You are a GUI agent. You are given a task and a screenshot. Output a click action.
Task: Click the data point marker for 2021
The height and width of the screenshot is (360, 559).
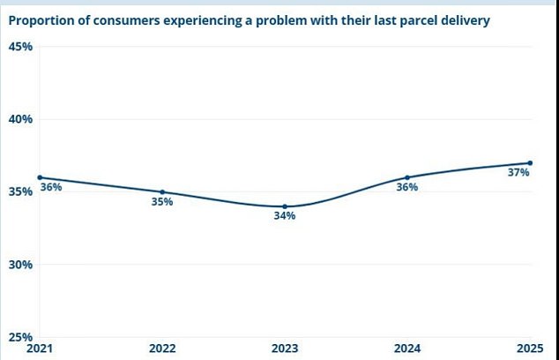pyautogui.click(x=40, y=177)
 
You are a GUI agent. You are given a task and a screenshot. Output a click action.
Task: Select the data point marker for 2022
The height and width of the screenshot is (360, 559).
pyautogui.click(x=162, y=191)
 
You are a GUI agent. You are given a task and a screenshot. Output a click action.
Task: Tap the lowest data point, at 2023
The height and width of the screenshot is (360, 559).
pyautogui.click(x=285, y=206)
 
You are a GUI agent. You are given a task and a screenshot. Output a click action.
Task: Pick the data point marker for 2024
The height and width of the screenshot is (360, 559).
pyautogui.click(x=407, y=177)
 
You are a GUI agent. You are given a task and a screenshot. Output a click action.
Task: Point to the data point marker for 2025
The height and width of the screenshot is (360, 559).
pyautogui.click(x=530, y=162)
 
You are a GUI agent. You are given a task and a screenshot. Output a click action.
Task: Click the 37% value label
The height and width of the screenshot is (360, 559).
pyautogui.click(x=518, y=173)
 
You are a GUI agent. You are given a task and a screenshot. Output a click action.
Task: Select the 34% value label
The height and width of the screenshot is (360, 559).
pyautogui.click(x=284, y=216)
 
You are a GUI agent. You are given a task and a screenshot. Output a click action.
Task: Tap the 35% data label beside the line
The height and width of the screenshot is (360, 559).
pyautogui.click(x=162, y=202)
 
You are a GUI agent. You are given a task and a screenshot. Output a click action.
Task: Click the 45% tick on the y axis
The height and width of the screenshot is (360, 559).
pyautogui.click(x=21, y=47)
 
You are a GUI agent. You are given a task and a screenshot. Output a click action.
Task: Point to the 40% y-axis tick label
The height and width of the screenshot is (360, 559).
pyautogui.click(x=21, y=119)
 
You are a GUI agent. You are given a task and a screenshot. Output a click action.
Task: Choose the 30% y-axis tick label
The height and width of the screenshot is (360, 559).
pyautogui.click(x=21, y=265)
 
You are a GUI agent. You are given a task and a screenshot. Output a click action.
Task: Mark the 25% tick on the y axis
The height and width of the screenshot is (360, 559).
pyautogui.click(x=21, y=336)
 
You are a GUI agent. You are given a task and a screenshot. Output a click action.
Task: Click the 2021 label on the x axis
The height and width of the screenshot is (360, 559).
pyautogui.click(x=40, y=348)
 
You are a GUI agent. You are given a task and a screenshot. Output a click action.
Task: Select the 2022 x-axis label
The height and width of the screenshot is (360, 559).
pyautogui.click(x=162, y=348)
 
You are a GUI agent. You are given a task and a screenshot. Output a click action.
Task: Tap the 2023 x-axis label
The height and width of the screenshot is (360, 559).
pyautogui.click(x=285, y=348)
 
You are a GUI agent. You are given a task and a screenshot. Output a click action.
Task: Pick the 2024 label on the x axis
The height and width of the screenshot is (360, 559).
pyautogui.click(x=407, y=348)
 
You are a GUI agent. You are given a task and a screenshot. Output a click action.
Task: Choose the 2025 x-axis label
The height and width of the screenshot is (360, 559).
pyautogui.click(x=530, y=348)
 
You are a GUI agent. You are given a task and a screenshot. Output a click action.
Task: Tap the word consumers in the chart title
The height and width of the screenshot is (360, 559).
pyautogui.click(x=129, y=19)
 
